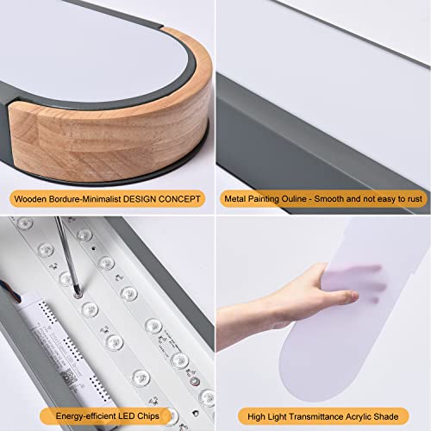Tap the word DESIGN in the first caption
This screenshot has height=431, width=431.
point(142,199)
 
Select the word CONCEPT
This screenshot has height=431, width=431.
point(182,199)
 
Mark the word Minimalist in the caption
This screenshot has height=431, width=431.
point(98,199)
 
